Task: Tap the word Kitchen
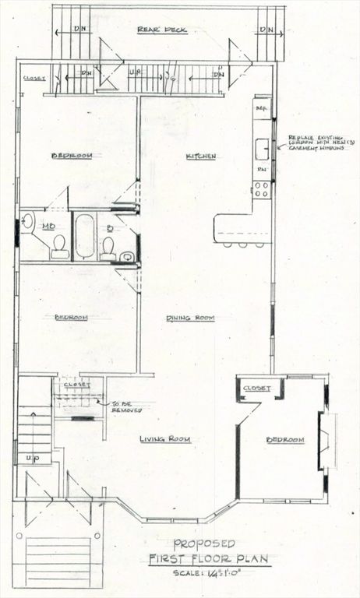pyautogui.click(x=200, y=157)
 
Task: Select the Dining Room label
pyautogui.click(x=189, y=318)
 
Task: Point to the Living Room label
pyautogui.click(x=165, y=439)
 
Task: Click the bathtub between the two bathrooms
pyautogui.click(x=84, y=236)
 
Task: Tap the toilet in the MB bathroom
pyautogui.click(x=59, y=248)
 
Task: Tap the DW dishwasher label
pyautogui.click(x=262, y=169)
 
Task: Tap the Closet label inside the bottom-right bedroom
pyautogui.click(x=256, y=388)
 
